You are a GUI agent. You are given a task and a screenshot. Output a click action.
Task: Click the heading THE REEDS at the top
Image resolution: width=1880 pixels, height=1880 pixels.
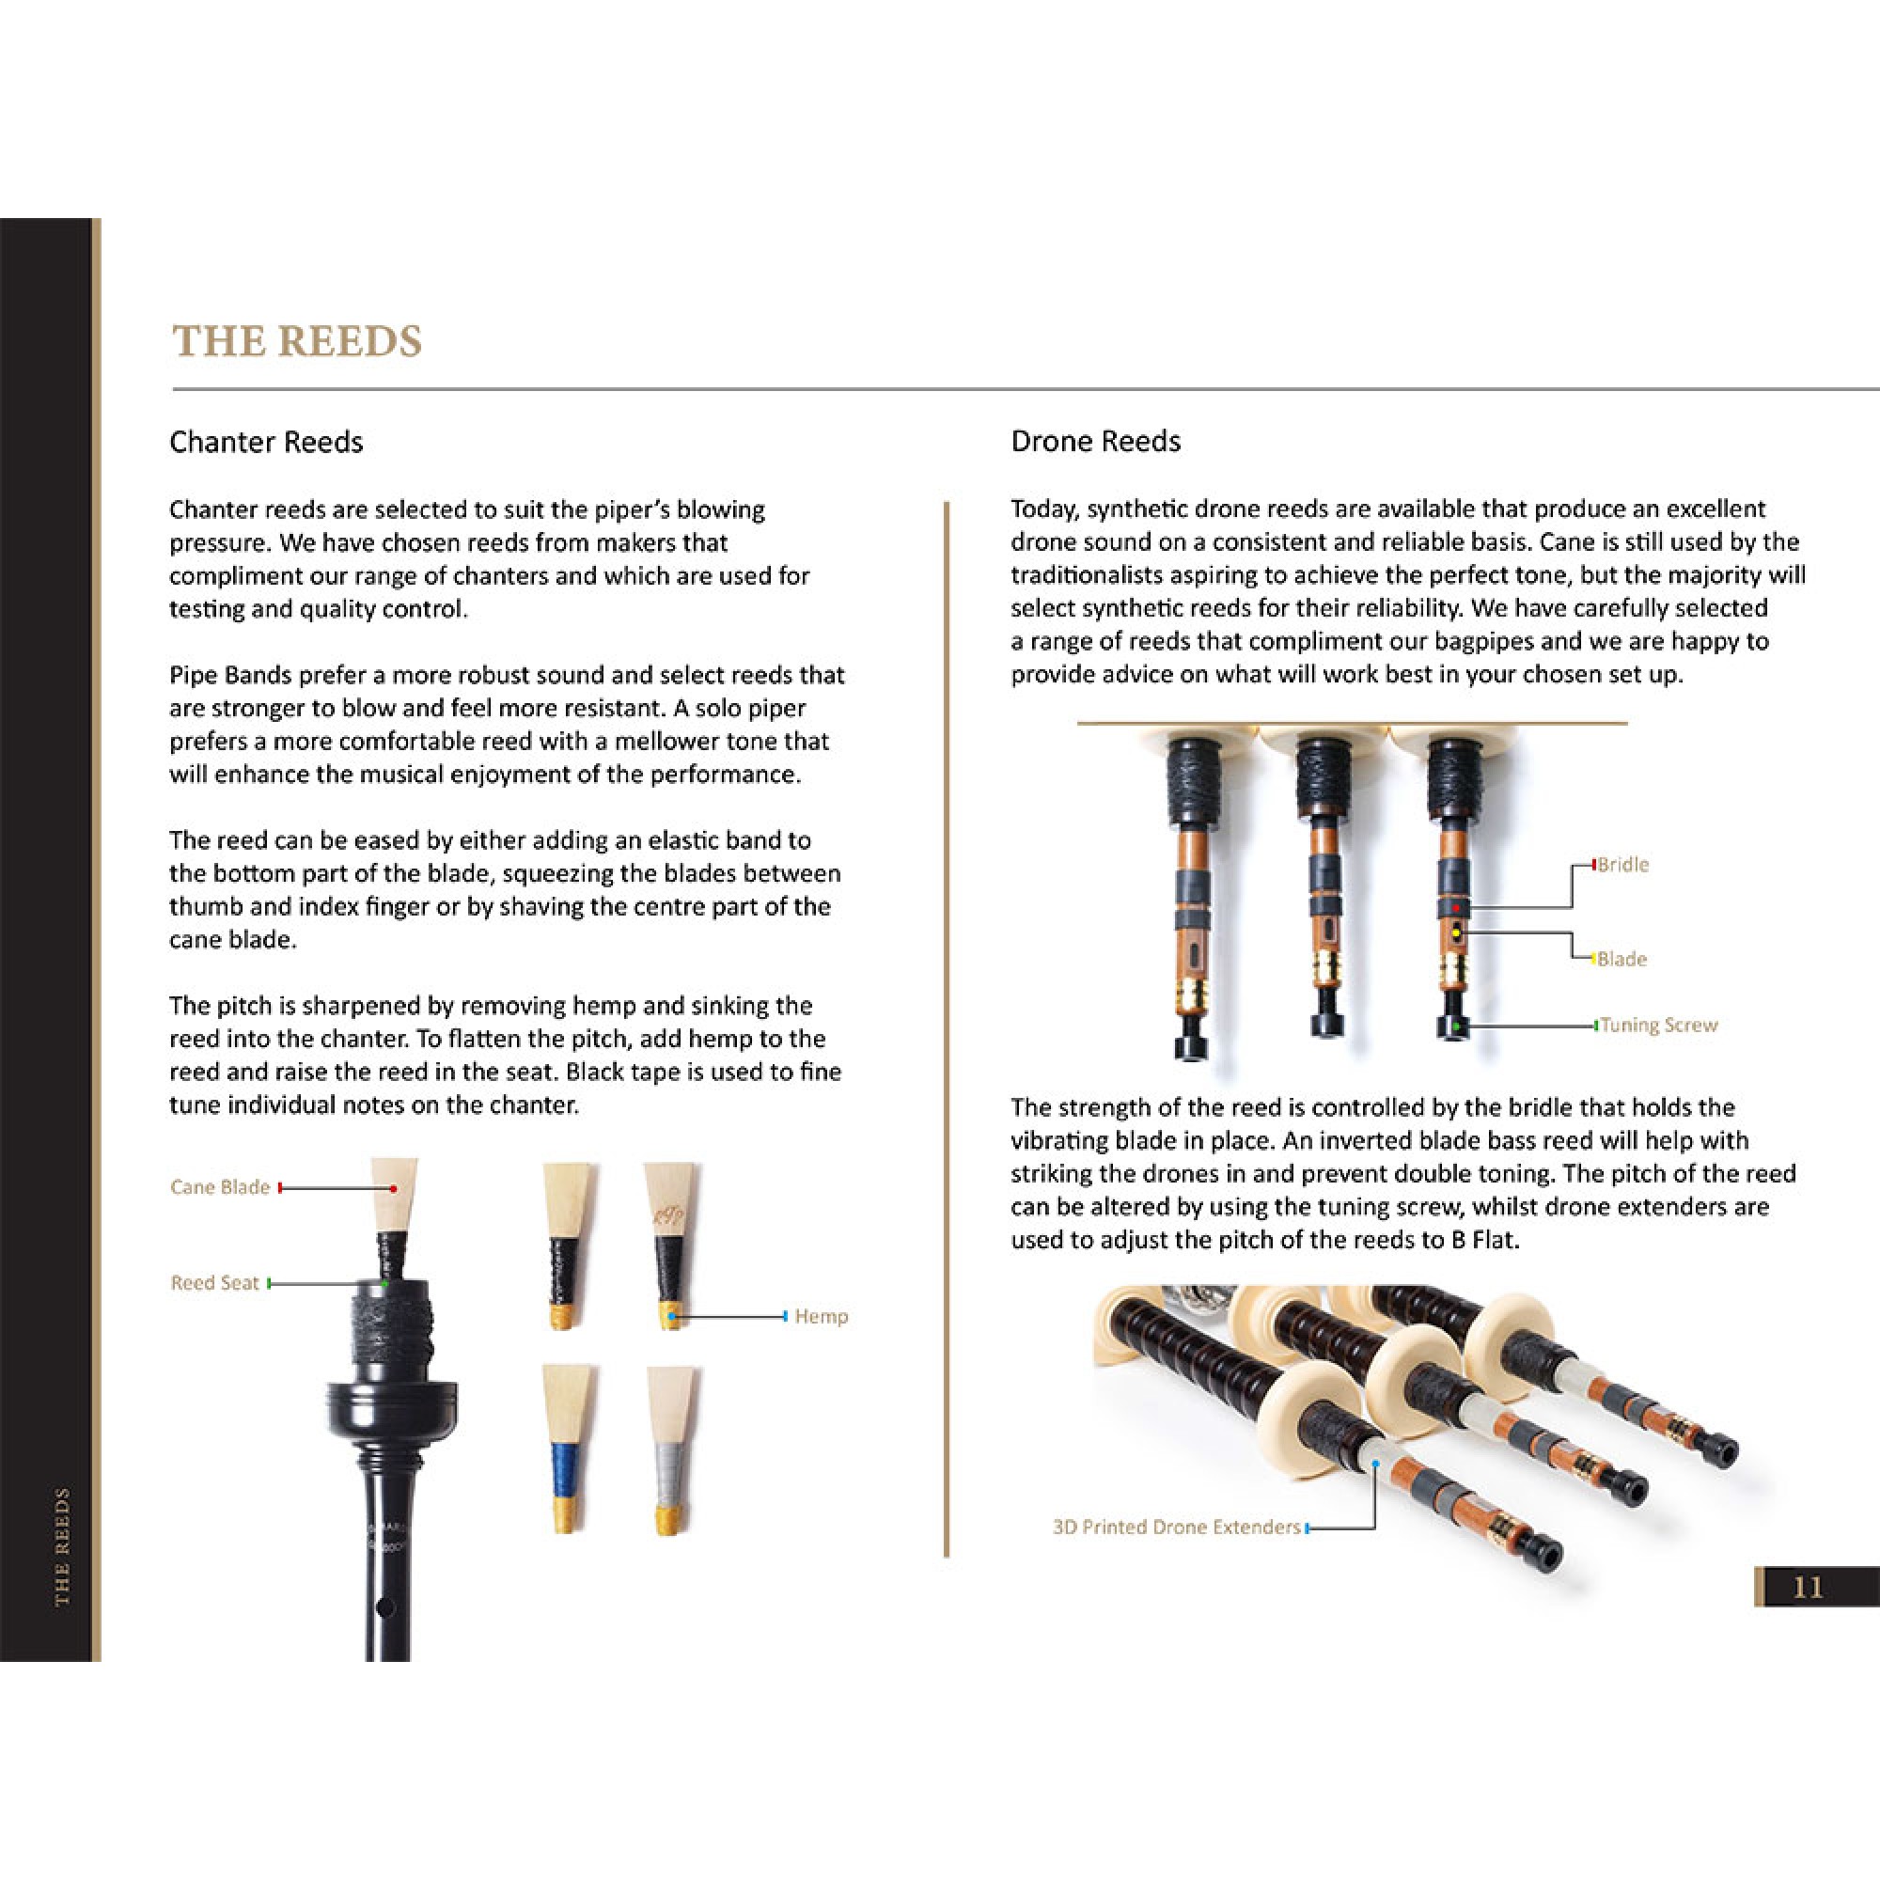pyautogui.click(x=297, y=341)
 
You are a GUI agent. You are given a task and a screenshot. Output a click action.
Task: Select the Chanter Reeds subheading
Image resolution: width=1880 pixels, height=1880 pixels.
pyautogui.click(x=266, y=442)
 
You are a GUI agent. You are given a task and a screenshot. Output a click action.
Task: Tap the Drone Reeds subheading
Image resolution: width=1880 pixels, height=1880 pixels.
pyautogui.click(x=1095, y=441)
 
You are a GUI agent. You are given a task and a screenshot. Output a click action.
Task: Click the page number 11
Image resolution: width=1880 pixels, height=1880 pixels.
pyautogui.click(x=1807, y=1587)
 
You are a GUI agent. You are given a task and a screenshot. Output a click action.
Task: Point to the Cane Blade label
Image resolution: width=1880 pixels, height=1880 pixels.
pyautogui.click(x=219, y=1187)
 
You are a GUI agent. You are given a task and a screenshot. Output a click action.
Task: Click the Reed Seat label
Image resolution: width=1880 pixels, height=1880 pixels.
pyautogui.click(x=214, y=1282)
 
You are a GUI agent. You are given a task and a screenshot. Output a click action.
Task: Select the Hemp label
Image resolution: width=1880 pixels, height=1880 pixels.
pyautogui.click(x=821, y=1317)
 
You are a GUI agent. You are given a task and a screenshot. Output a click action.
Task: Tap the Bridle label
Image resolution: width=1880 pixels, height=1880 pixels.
pyautogui.click(x=1622, y=864)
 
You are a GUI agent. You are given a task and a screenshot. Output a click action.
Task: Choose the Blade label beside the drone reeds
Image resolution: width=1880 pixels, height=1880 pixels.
pyautogui.click(x=1621, y=959)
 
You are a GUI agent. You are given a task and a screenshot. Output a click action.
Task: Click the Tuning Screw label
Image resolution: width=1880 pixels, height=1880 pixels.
pyautogui.click(x=1658, y=1025)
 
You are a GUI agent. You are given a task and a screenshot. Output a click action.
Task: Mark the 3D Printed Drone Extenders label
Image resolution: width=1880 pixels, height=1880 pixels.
pyautogui.click(x=1176, y=1527)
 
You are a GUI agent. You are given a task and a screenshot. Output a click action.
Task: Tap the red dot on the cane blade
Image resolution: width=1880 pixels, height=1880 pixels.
pyautogui.click(x=393, y=1188)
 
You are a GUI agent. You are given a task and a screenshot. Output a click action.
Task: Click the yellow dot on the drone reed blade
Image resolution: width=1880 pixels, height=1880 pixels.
pyautogui.click(x=1457, y=933)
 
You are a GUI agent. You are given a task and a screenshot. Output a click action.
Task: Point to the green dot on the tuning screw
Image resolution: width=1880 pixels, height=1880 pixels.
pyautogui.click(x=1457, y=1026)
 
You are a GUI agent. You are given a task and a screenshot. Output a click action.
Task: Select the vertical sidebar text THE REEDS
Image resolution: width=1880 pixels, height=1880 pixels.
pyautogui.click(x=62, y=1546)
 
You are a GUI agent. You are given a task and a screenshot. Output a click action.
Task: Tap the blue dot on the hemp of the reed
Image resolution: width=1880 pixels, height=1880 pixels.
pyautogui.click(x=671, y=1317)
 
